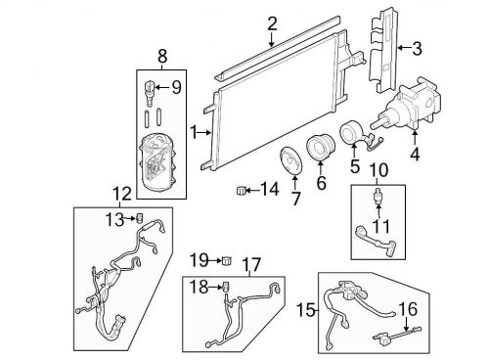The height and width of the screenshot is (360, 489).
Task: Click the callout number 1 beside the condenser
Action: (194, 132)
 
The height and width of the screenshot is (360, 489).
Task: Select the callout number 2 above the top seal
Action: (272, 22)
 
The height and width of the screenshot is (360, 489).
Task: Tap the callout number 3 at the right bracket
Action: (417, 47)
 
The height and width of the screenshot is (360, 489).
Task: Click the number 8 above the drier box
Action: (163, 57)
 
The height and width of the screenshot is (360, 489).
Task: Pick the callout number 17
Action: (251, 263)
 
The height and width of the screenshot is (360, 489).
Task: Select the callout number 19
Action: (197, 260)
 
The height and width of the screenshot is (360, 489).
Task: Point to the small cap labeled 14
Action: (239, 189)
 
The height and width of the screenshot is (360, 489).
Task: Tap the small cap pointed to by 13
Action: (140, 217)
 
